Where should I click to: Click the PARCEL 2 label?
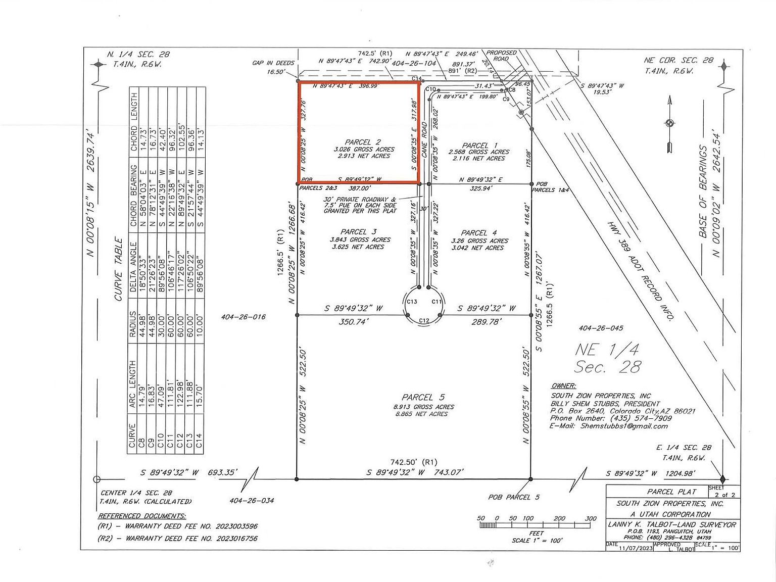(363, 142)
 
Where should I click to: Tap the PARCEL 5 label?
(423, 398)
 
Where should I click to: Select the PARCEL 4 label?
(478, 233)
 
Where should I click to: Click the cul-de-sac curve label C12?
(424, 321)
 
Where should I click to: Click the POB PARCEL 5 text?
(513, 497)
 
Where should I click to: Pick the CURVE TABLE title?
(119, 269)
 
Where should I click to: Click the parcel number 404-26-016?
(243, 317)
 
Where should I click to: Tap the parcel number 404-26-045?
(601, 328)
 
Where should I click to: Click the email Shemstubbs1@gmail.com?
(623, 426)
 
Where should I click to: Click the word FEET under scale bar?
(536, 533)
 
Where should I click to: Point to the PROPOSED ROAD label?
(501, 56)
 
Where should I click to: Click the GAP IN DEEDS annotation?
(273, 63)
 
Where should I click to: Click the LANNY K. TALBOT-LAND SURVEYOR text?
(672, 524)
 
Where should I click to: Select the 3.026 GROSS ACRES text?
(364, 150)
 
